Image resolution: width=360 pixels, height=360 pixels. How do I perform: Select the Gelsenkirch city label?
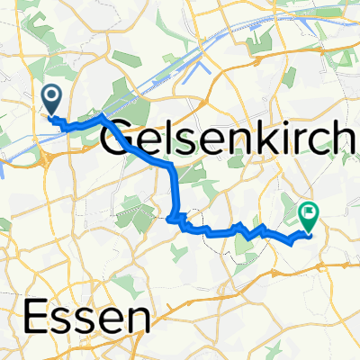pos(230,140)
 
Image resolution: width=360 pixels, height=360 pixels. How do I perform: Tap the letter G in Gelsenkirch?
pos(123,140)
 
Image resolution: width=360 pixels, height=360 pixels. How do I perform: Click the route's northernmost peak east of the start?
pos(101,118)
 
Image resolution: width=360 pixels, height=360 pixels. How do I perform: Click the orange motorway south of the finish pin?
pos(306,265)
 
